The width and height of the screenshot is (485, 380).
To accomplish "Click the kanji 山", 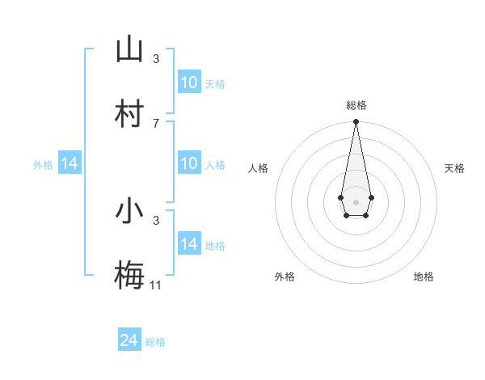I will point(129,49).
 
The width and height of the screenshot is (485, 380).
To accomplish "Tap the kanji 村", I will point(129,113).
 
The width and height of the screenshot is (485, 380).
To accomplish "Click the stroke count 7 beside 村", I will point(156,123).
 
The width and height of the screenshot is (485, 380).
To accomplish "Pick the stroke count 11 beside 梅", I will point(156,285).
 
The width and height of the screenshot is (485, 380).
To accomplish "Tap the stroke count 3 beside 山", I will point(156,58).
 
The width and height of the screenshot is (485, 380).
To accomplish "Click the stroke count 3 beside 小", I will point(156,220).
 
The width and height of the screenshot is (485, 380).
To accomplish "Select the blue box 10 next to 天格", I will point(189,82).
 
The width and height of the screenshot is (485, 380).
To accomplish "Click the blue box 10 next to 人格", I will point(189,163).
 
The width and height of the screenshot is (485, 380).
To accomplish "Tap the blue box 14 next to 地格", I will point(189,244).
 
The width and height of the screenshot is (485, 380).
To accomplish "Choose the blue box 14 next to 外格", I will point(70,163).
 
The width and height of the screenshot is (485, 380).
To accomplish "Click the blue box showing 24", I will point(129,340).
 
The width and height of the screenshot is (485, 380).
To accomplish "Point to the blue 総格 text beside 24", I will point(155,342).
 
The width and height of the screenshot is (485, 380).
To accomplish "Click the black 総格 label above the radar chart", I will point(356,105).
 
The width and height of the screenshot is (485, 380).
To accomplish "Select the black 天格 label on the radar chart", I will point(454,168).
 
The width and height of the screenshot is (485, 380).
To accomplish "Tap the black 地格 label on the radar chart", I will point(424,277).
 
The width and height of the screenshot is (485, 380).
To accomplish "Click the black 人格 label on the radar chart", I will point(259,168).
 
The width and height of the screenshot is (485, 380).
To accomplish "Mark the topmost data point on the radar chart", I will point(356,122).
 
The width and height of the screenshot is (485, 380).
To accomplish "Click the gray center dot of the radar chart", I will point(356,201).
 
